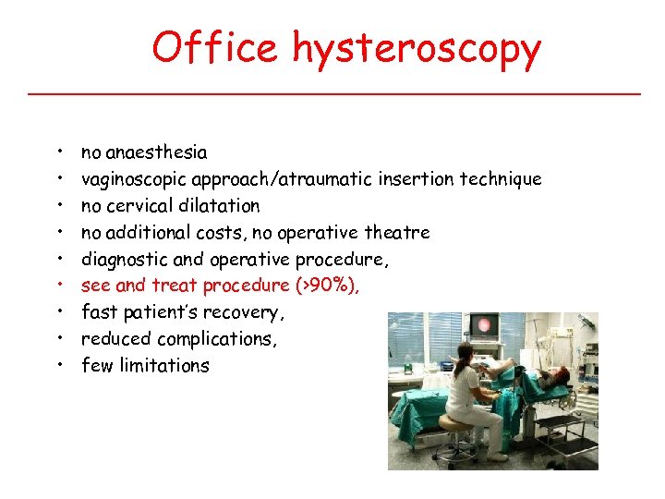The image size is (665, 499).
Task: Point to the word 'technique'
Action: coord(503,179)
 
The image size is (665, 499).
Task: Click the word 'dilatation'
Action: coord(222,205)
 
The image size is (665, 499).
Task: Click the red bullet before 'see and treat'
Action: coord(59,286)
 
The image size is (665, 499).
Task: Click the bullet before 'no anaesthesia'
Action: coord(59,152)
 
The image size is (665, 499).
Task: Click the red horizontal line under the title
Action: coord(332,93)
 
